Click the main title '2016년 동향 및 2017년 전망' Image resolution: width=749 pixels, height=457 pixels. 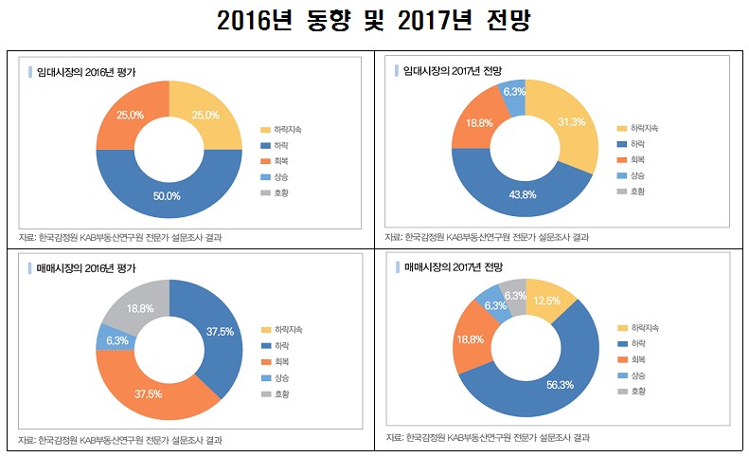pyautogui.click(x=374, y=21)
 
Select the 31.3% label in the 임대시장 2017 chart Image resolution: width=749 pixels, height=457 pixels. pyautogui.click(x=571, y=122)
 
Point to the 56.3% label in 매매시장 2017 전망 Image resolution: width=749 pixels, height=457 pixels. pyautogui.click(x=558, y=385)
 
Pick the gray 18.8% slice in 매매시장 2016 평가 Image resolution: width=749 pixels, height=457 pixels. pyautogui.click(x=141, y=308)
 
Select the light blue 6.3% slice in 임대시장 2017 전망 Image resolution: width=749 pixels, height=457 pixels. pyautogui.click(x=514, y=93)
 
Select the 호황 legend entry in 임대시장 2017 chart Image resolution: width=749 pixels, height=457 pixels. pyautogui.click(x=632, y=192)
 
